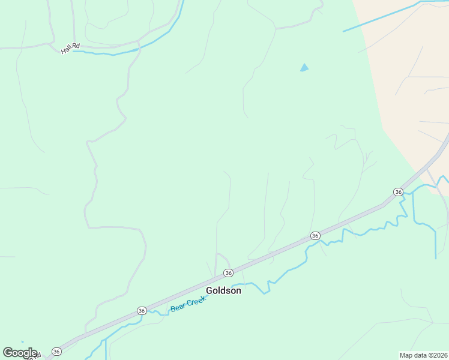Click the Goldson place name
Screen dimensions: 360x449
[x=223, y=290]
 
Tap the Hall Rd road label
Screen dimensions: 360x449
[x=70, y=49]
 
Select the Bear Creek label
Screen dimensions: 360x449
[x=188, y=304]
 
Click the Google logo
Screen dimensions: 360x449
[x=20, y=353]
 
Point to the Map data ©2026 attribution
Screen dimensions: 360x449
[x=424, y=355]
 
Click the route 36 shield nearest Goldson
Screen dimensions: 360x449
[x=228, y=273]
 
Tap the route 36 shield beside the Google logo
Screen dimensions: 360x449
[x=56, y=351]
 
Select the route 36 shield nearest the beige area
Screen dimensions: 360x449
[x=398, y=191]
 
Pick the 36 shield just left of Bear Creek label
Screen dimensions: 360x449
[x=142, y=310]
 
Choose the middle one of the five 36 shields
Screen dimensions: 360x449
[x=228, y=273]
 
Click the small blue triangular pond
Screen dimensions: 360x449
[x=304, y=68]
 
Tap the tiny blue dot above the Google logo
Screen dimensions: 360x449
[x=22, y=342]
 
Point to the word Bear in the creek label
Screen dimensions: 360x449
[x=178, y=308]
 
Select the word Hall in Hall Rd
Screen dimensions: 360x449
[x=66, y=50]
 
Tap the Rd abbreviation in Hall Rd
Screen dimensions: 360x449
[x=76, y=46]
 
